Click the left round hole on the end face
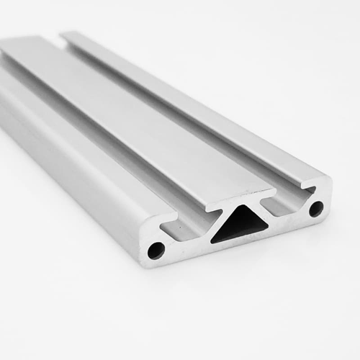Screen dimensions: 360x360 tap(156, 251)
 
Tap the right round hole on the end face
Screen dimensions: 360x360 tap(315, 210)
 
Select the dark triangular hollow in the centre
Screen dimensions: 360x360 tap(236, 229)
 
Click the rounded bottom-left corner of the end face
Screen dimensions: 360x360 tap(145, 261)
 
